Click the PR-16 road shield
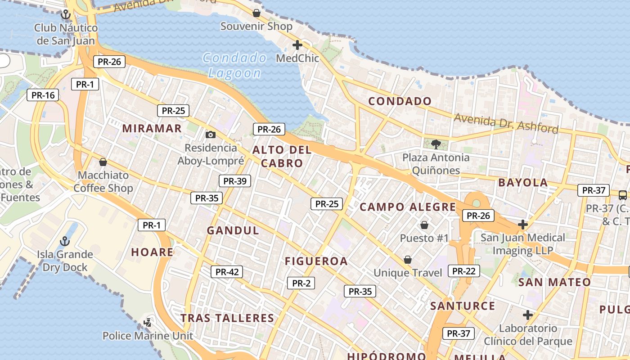tap(43, 95)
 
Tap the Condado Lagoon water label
tap(234, 65)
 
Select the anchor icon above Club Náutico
tap(66, 14)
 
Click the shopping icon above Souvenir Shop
tap(256, 13)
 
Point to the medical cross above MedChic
tap(297, 45)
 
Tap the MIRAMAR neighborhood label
tap(152, 128)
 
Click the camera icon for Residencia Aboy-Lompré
tap(210, 135)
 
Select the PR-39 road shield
tap(235, 181)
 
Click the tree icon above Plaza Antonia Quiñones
tap(436, 144)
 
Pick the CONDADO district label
tap(400, 101)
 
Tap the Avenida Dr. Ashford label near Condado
tap(506, 123)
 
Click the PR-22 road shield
tap(464, 271)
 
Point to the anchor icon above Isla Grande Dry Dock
tap(65, 241)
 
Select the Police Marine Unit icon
tap(148, 322)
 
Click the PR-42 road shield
tap(227, 272)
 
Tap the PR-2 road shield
tap(301, 283)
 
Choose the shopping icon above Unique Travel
tap(408, 260)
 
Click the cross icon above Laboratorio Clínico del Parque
tap(528, 315)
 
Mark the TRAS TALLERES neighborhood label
tap(227, 318)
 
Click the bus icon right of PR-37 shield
tap(623, 195)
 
